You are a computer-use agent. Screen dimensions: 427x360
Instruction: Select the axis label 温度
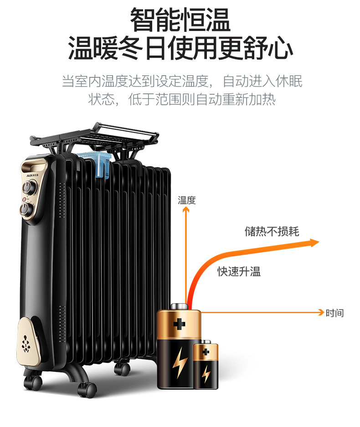186,200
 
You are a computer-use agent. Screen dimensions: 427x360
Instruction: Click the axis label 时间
334,313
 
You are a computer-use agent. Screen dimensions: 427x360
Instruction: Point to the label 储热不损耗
272,231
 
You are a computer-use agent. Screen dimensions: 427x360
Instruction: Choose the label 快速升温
238,272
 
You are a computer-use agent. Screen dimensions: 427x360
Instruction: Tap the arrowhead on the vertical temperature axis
185,210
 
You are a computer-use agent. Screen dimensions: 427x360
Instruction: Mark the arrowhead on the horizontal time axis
320,312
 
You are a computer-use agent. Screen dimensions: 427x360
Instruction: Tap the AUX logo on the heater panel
28,173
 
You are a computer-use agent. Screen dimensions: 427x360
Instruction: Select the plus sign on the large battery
179,325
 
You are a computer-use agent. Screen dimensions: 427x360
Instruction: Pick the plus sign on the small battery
206,351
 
